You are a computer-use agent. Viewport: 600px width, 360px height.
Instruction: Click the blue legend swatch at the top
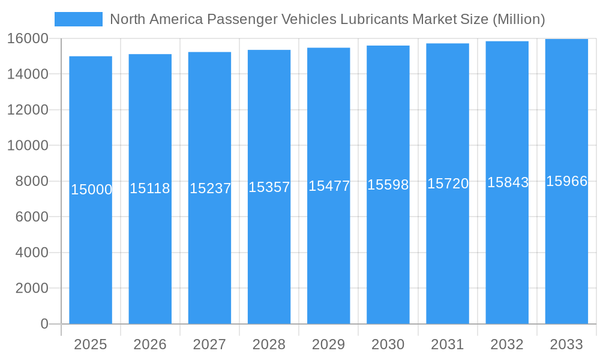[x=79, y=19]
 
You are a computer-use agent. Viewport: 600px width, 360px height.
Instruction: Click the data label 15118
[x=150, y=188]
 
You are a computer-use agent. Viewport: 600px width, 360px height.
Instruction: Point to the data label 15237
[x=210, y=188]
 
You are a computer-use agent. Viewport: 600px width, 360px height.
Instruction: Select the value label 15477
[x=329, y=186]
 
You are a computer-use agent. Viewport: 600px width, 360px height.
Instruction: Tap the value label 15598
[x=388, y=185]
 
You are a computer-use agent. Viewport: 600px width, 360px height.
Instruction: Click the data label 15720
[x=448, y=184]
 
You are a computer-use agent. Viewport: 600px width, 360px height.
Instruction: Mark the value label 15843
[x=508, y=182]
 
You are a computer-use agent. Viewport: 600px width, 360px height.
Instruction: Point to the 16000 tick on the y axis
[x=28, y=38]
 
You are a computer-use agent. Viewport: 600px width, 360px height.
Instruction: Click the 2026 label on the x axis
[x=150, y=344]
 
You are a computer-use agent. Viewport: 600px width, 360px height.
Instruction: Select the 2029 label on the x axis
[x=329, y=344]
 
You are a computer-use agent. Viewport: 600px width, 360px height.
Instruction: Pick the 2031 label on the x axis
[x=448, y=344]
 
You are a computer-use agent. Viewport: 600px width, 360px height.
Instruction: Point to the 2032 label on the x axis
[x=507, y=344]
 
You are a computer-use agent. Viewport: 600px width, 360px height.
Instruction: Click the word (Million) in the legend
[x=518, y=19]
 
